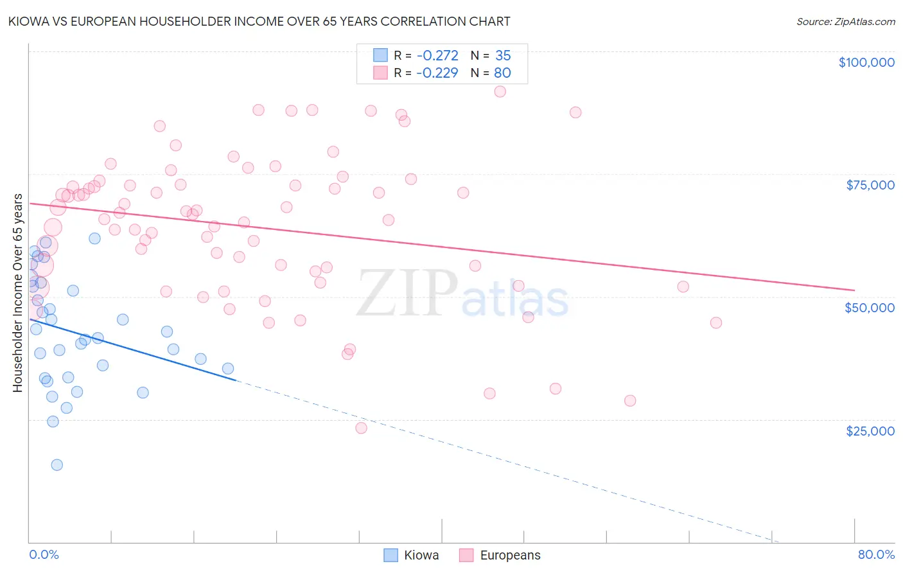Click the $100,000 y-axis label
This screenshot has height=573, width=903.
pos(866,62)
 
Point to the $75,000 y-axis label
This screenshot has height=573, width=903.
pos(870,185)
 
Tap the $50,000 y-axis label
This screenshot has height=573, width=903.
pos(869,308)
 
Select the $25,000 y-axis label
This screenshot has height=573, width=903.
pos(870,431)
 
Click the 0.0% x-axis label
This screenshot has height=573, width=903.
pos(44,555)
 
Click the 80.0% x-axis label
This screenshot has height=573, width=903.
pos(876,555)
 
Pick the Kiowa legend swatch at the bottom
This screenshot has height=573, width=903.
pos(390,555)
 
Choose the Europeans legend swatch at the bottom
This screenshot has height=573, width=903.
pos(466,555)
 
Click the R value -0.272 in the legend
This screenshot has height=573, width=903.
pos(437,56)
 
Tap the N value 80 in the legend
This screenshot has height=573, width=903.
pos(502,73)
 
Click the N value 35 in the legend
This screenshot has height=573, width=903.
pos(503,56)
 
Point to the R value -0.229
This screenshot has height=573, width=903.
pos(437,73)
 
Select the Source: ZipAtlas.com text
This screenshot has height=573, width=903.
pos(845,21)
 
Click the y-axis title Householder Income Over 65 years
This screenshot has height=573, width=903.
pos(18,293)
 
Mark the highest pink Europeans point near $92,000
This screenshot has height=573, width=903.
pos(500,91)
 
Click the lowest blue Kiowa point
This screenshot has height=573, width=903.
pos(57,465)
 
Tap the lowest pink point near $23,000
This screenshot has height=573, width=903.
pos(361,428)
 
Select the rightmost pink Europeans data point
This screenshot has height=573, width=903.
pos(715,322)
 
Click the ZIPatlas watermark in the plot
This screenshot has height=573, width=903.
pos(462,294)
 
